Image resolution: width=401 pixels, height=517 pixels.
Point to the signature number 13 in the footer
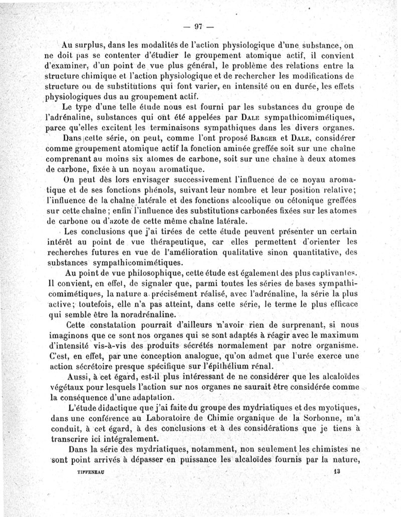335,471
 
